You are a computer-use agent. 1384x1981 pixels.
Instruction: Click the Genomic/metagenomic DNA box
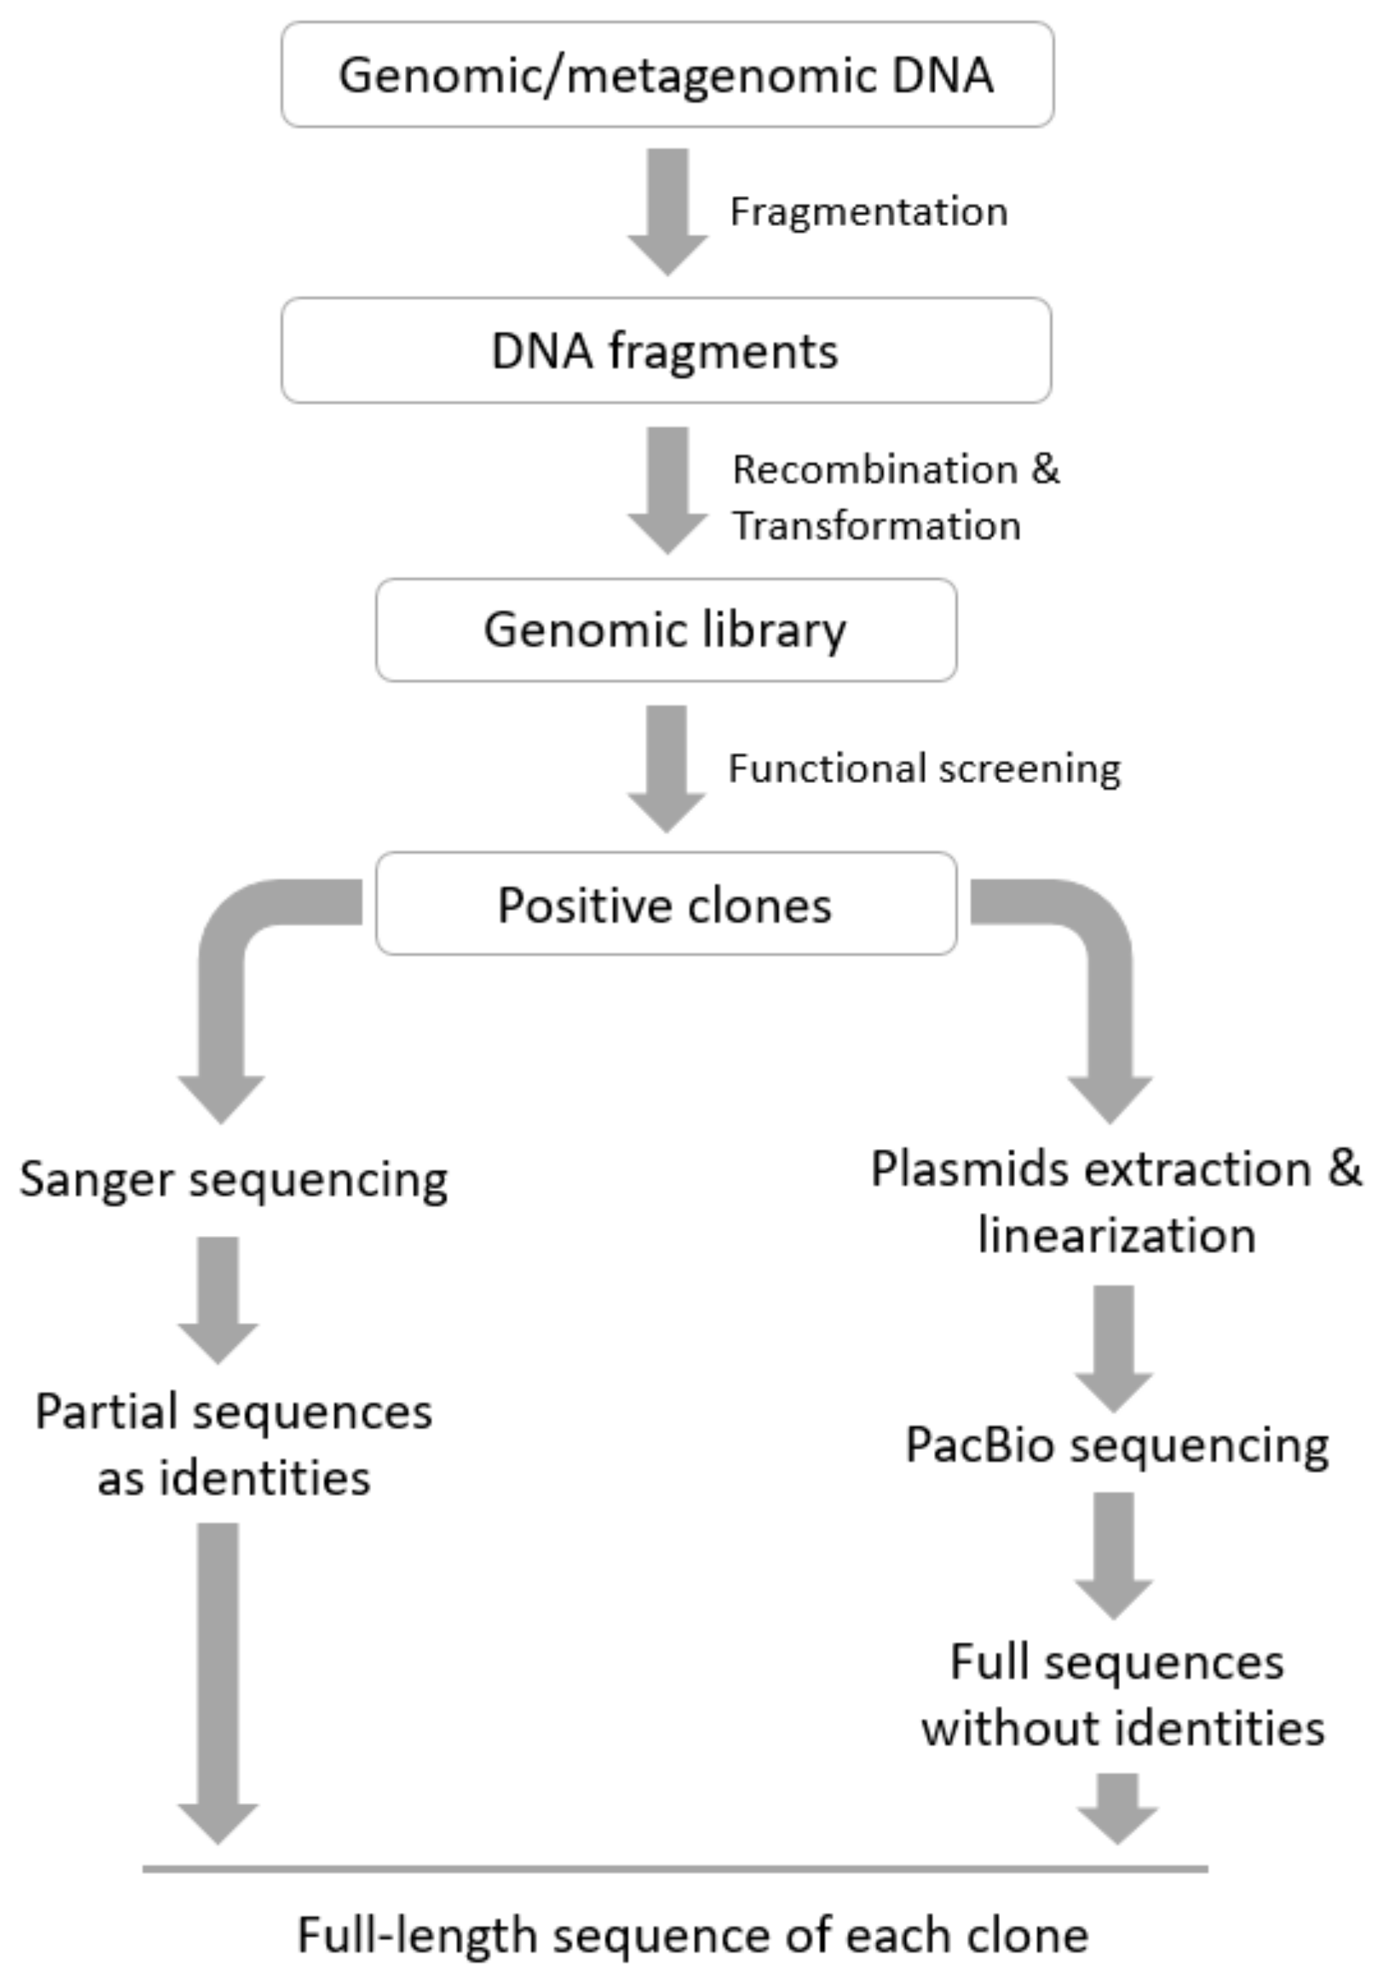pyautogui.click(x=666, y=75)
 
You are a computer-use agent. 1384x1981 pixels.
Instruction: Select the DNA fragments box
pyautogui.click(x=666, y=350)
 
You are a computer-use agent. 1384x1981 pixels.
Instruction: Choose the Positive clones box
pyautogui.click(x=666, y=904)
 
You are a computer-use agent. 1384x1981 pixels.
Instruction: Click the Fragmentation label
pyautogui.click(x=868, y=212)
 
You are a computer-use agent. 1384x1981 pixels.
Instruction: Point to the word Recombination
pyautogui.click(x=875, y=470)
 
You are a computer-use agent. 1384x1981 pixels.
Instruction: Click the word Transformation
pyautogui.click(x=876, y=525)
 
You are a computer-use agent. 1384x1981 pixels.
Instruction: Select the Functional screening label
pyautogui.click(x=924, y=768)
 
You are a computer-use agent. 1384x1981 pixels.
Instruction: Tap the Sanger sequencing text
pyautogui.click(x=234, y=1179)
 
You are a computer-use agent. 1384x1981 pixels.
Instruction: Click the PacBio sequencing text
pyautogui.click(x=1116, y=1444)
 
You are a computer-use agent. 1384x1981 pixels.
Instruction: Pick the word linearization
pyautogui.click(x=1116, y=1235)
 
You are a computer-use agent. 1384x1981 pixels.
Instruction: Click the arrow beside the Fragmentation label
pyautogui.click(x=667, y=212)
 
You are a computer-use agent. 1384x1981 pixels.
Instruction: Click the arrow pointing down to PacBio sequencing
pyautogui.click(x=1113, y=1346)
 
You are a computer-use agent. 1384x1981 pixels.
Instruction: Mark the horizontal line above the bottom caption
pyautogui.click(x=675, y=1870)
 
